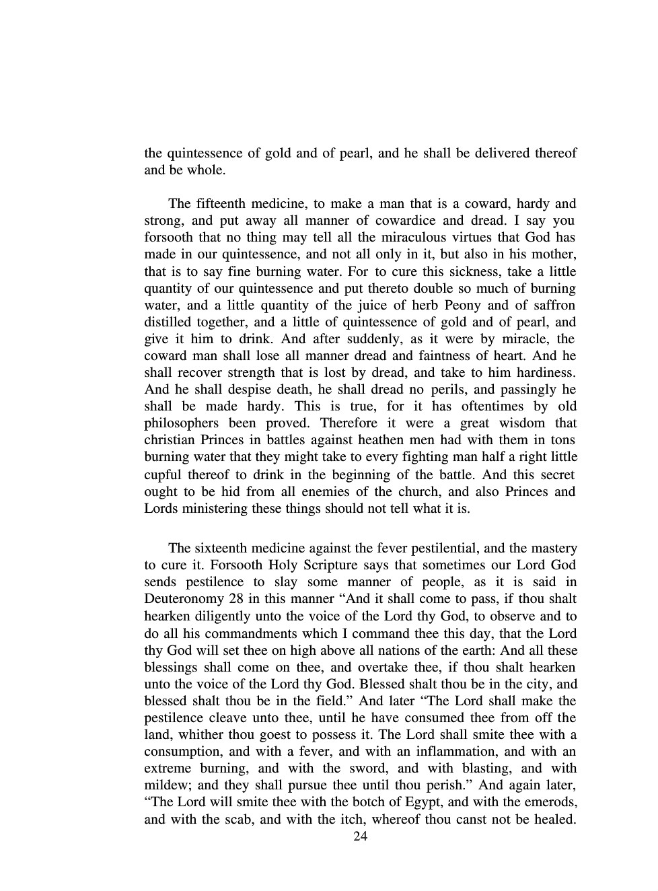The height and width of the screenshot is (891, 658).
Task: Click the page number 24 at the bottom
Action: tap(360, 836)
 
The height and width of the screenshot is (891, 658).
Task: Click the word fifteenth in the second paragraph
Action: tap(219, 203)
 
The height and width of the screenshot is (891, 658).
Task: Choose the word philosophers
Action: tap(181, 423)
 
